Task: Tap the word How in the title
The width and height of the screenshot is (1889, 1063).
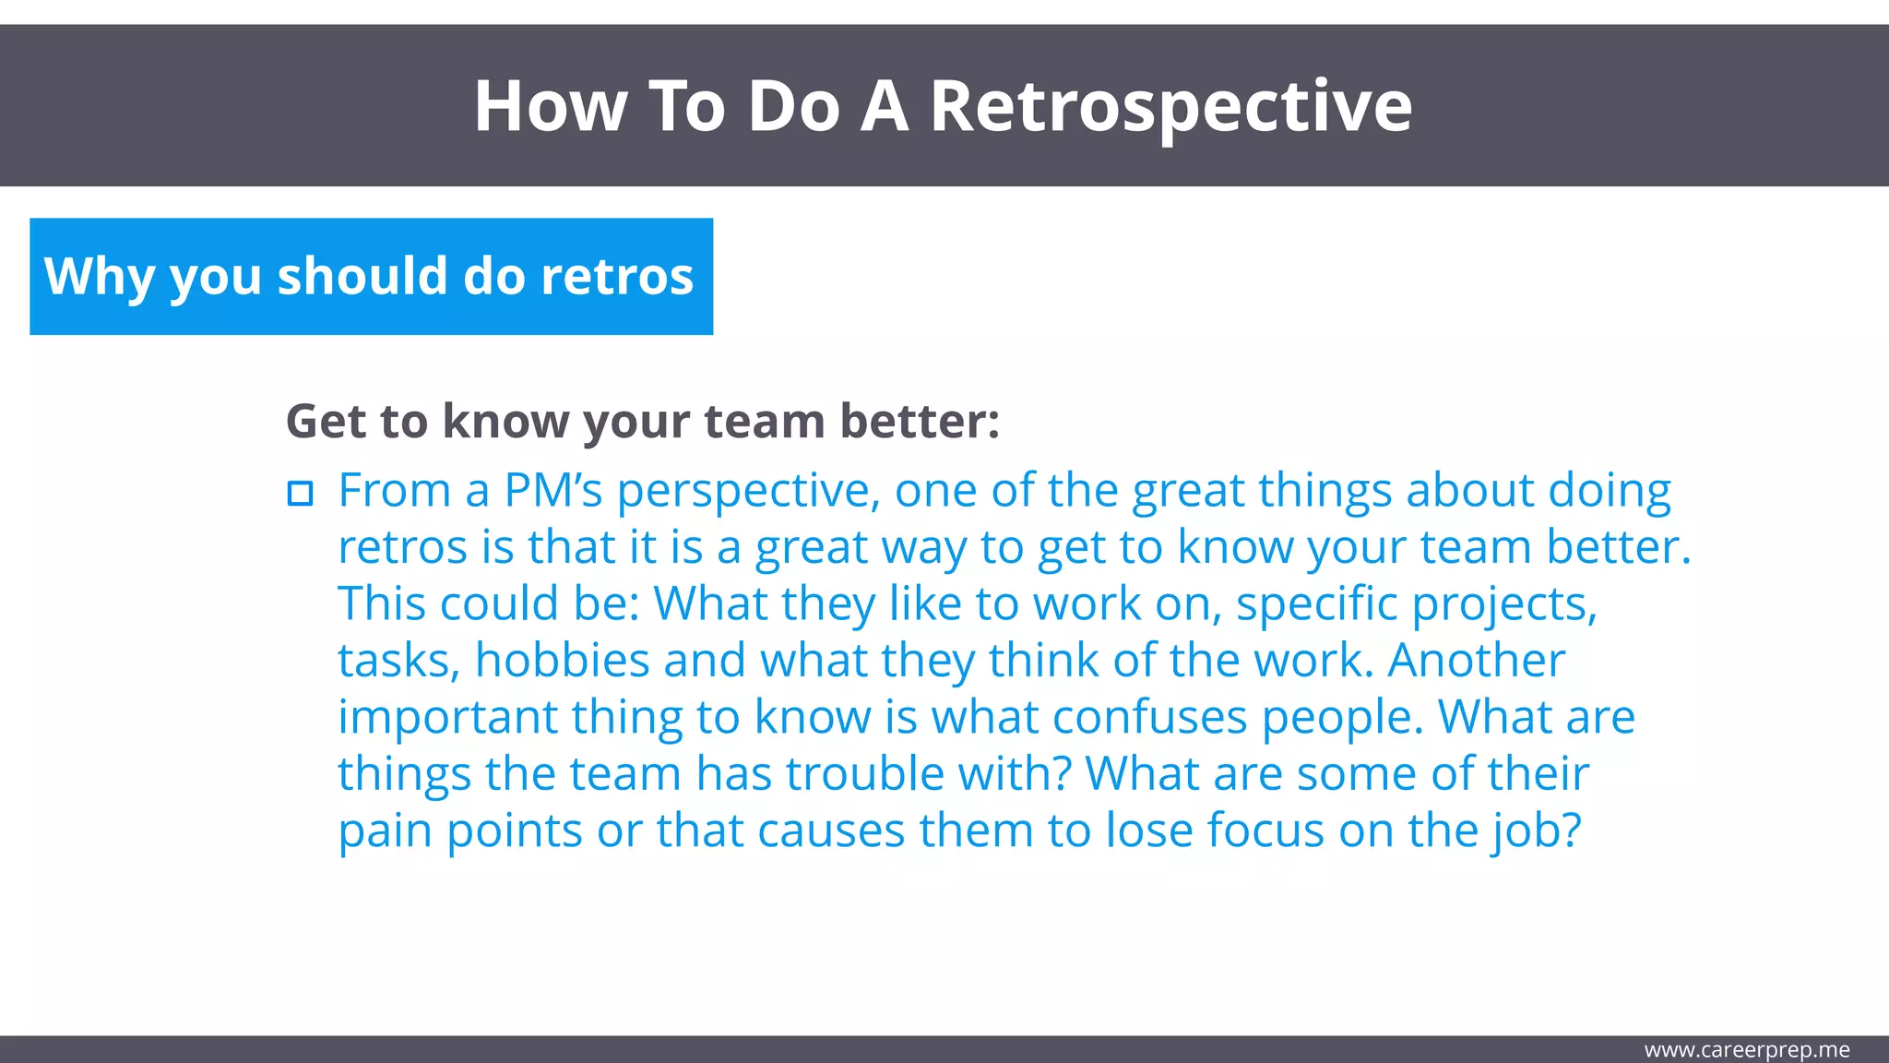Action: tap(551, 107)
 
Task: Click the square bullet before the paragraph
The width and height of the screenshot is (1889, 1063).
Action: tap(300, 494)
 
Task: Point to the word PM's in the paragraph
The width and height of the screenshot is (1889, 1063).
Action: tap(552, 490)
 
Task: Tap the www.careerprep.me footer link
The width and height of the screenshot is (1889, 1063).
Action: tap(1746, 1050)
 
